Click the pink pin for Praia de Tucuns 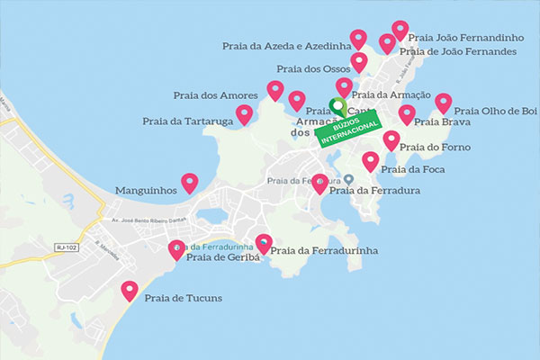pos(130,291)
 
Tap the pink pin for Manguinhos pos(189,183)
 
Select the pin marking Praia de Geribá pos(176,249)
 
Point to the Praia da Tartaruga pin pos(244,114)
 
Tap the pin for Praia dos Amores pos(275,90)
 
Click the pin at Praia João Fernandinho pos(400,31)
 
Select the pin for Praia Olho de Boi pos(443,103)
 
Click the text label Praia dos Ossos pos(312,68)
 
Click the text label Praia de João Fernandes pos(457,51)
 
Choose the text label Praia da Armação pos(388,94)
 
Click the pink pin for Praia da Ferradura pos(319,183)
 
